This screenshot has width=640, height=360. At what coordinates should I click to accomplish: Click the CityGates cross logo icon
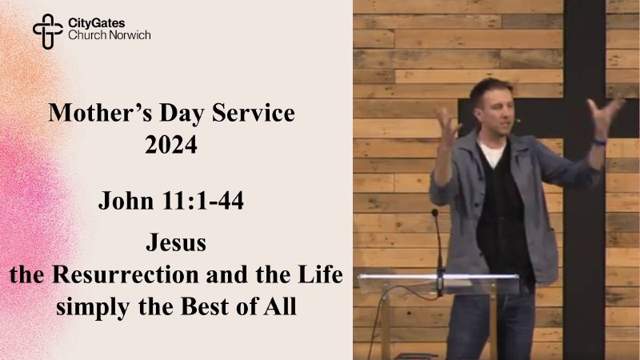point(47,30)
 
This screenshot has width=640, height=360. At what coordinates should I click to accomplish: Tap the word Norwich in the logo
point(130,35)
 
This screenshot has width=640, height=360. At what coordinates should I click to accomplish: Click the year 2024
point(171,146)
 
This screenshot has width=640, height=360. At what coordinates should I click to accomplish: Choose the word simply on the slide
point(83,306)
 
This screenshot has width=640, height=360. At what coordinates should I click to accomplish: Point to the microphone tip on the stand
point(434,214)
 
